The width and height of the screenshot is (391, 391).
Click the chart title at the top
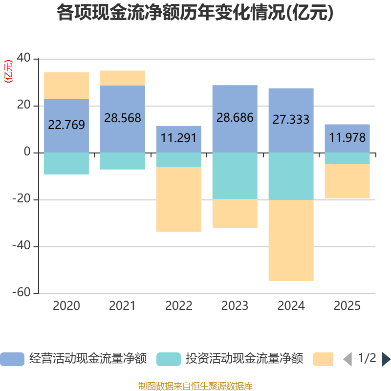pyautogui.click(x=195, y=13)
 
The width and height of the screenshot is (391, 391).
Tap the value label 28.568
pyautogui.click(x=122, y=118)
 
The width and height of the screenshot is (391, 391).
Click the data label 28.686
pyautogui.click(x=235, y=118)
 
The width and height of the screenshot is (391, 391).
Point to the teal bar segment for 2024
pyautogui.click(x=291, y=176)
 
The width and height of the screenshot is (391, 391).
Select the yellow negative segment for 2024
pyautogui.click(x=291, y=240)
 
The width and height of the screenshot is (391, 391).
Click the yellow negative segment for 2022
pyautogui.click(x=179, y=199)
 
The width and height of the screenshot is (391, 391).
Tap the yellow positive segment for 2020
pyautogui.click(x=66, y=86)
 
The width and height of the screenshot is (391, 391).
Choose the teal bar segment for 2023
pyautogui.click(x=235, y=175)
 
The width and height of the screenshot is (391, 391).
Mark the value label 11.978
pyautogui.click(x=348, y=138)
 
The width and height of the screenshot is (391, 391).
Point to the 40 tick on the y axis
pyautogui.click(x=24, y=59)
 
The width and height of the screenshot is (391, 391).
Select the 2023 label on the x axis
pyautogui.click(x=235, y=306)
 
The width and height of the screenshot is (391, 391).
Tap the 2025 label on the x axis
pyautogui.click(x=348, y=306)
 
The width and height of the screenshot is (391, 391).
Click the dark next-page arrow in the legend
pyautogui.click(x=386, y=359)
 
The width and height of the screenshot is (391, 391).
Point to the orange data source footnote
pyautogui.click(x=195, y=386)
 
